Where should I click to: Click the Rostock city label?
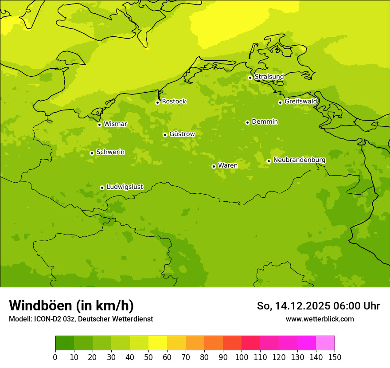(x=174, y=102)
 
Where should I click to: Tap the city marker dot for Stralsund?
(x=250, y=78)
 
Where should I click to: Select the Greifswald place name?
(x=300, y=102)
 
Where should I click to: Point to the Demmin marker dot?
(x=247, y=122)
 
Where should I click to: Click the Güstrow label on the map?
(x=182, y=134)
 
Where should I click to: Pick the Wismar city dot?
(x=99, y=125)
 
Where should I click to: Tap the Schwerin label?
(x=110, y=152)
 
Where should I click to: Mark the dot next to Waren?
(x=214, y=166)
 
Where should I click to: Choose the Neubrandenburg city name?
(x=299, y=160)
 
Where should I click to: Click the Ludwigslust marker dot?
(x=102, y=188)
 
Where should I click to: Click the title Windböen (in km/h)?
(x=71, y=305)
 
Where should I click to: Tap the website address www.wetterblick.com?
(x=320, y=319)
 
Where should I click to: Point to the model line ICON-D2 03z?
(x=81, y=319)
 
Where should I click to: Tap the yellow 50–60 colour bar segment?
(x=158, y=343)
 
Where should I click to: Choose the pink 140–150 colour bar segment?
(x=325, y=343)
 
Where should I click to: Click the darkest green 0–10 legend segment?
(x=65, y=343)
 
